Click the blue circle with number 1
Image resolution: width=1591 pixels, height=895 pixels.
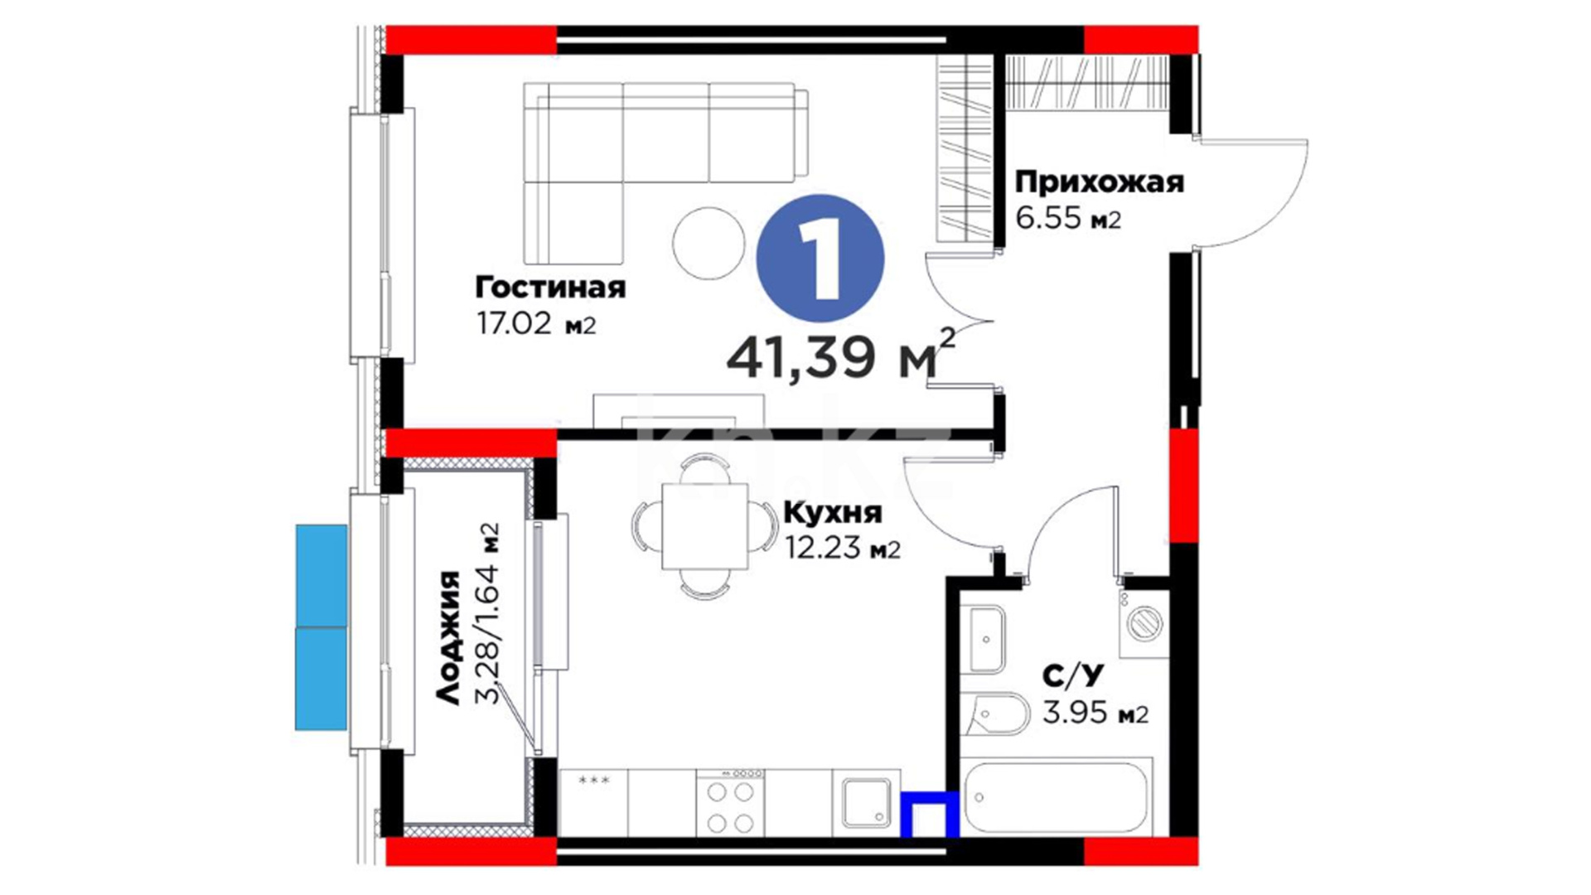(x=820, y=258)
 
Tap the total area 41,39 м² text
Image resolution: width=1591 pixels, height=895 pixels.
(x=840, y=355)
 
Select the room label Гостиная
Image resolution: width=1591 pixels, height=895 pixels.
(x=550, y=288)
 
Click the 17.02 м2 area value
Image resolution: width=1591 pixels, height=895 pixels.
(x=536, y=323)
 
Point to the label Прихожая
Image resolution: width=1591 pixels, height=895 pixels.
(x=1100, y=181)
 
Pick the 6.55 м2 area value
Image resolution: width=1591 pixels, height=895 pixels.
(x=1068, y=218)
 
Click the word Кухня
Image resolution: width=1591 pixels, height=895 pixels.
(x=833, y=513)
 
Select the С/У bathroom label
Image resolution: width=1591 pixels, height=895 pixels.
(x=1073, y=676)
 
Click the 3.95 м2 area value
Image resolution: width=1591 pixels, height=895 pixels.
(x=1095, y=713)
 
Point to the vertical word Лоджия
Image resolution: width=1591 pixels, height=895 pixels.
(x=448, y=637)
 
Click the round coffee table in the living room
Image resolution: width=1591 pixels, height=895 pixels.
(x=709, y=243)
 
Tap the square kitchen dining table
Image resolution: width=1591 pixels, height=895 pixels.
(x=705, y=526)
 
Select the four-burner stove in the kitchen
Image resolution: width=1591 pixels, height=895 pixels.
(x=730, y=803)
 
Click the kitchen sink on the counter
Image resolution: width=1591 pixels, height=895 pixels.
(x=867, y=803)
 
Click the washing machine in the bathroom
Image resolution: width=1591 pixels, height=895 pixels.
(x=1144, y=623)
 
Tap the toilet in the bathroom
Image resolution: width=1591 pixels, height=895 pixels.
(x=997, y=714)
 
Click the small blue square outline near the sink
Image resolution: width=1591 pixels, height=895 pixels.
(x=930, y=815)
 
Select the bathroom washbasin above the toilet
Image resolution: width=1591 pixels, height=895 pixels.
(x=986, y=640)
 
